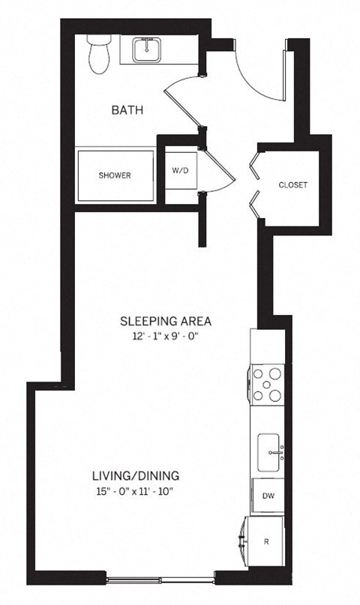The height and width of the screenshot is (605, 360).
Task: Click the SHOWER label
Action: click(x=114, y=175)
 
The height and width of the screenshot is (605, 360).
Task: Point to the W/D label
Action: click(x=180, y=171)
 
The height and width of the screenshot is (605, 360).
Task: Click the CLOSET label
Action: click(x=292, y=184)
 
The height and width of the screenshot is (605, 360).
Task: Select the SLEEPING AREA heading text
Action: click(x=166, y=322)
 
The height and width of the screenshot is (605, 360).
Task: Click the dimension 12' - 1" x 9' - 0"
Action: click(x=166, y=337)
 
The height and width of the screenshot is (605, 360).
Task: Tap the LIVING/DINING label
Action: click(x=135, y=475)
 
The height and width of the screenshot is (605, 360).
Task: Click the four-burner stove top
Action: click(x=268, y=385)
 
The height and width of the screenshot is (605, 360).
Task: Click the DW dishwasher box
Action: click(x=268, y=496)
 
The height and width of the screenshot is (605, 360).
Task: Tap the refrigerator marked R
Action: click(x=268, y=540)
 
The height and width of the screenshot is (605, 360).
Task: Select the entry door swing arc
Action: click(x=259, y=71)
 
